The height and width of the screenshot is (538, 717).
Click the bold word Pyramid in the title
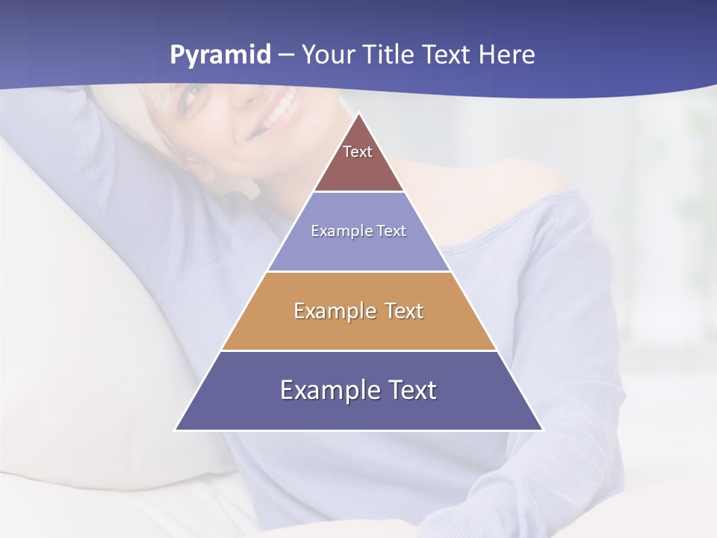(220, 55)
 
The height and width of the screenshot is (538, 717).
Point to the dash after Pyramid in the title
(286, 56)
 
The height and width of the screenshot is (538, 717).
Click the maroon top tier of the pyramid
(358, 168)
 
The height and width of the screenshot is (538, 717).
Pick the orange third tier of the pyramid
(358, 329)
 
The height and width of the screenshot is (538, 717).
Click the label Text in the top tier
(358, 152)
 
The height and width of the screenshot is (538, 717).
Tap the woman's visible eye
(192, 93)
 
